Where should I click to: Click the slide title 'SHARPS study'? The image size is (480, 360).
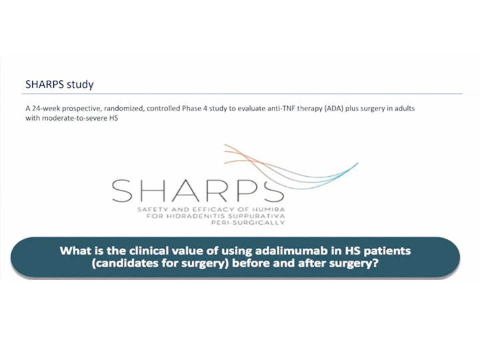59,84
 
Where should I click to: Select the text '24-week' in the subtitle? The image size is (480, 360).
46,109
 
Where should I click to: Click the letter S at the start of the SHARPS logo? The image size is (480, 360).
122,191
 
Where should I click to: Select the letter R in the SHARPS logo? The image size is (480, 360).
228,191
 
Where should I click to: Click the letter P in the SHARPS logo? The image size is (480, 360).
255,191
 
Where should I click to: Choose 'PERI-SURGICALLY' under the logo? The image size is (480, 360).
248,223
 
